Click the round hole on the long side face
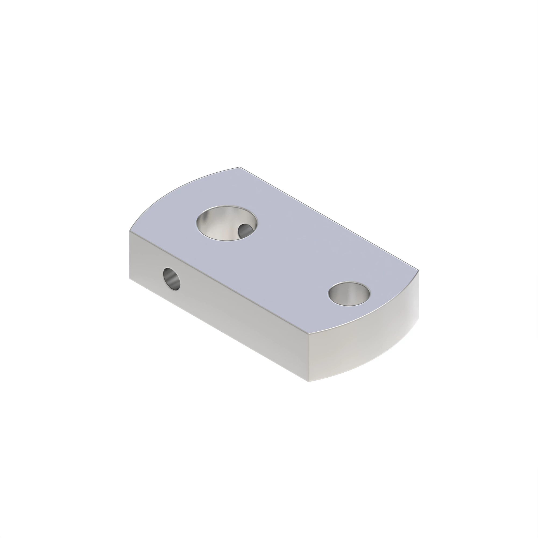tap(171, 279)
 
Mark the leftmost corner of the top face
tap(129, 231)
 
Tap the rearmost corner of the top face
tap(240, 167)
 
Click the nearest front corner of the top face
tap(308, 333)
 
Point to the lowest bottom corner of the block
tap(309, 381)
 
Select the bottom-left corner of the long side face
tap(129, 278)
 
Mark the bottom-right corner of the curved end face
tap(419, 319)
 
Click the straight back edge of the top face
tap(329, 219)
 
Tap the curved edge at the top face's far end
tap(178, 189)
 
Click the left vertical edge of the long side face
tap(129, 255)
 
